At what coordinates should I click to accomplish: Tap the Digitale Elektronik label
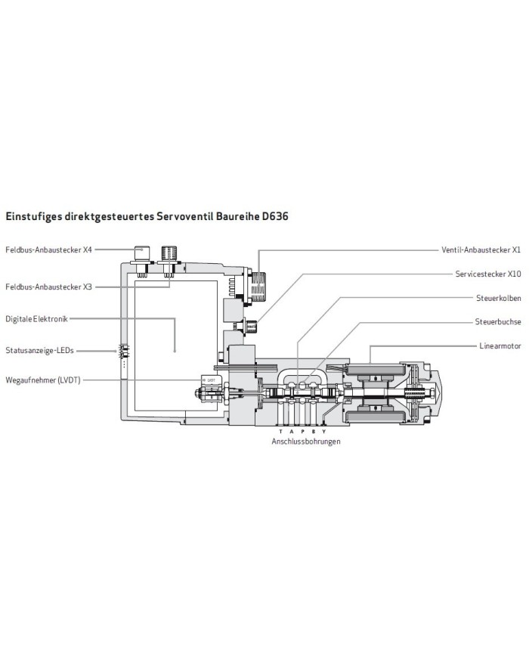coord(36,319)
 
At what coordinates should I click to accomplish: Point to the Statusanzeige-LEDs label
coord(39,351)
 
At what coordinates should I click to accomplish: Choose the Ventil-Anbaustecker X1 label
coord(481,249)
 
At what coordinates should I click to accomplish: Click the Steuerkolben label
coord(499,298)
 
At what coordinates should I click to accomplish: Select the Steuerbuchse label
coord(499,321)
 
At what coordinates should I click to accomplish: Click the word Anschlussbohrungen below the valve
coord(306,442)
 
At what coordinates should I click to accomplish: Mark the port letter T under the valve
coord(280,432)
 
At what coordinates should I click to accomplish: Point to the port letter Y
coord(324,432)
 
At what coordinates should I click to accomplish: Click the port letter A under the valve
coord(291,432)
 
